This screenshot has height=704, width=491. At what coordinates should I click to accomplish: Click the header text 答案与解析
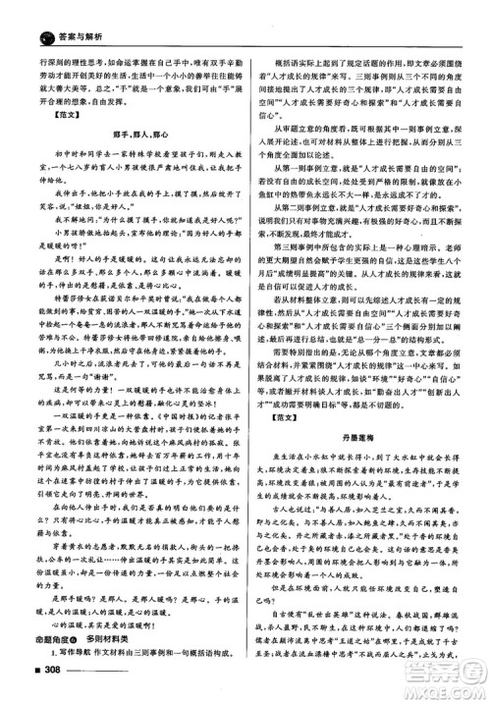click(x=59, y=13)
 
